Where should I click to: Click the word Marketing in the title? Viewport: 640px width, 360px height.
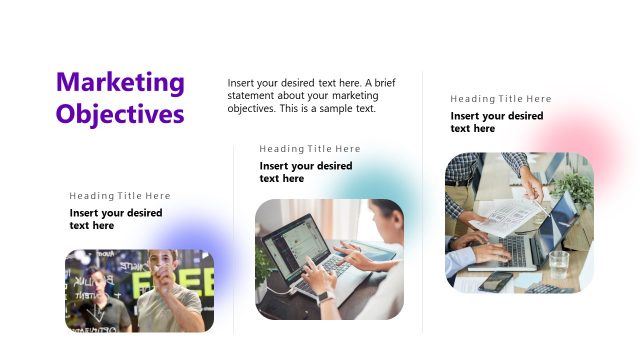(120, 83)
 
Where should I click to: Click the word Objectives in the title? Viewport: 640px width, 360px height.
(120, 113)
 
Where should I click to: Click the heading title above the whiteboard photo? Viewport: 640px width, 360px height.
(120, 196)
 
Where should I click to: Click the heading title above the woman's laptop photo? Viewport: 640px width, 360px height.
(310, 149)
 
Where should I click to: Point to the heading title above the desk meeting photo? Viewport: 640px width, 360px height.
(501, 99)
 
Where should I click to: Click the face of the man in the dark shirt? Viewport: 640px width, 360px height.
(99, 279)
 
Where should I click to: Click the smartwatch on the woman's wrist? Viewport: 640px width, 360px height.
(325, 296)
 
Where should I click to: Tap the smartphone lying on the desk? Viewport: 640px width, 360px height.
(495, 281)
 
